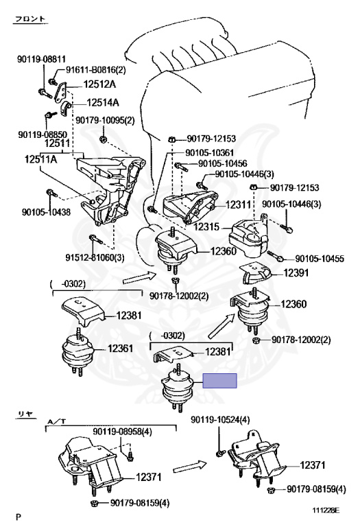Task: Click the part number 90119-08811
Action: (42, 60)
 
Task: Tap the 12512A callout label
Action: (99, 84)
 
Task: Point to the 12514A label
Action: (103, 102)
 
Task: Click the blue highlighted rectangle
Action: (219, 380)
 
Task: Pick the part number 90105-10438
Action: (47, 212)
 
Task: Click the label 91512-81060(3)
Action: (95, 258)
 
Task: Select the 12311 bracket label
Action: (238, 204)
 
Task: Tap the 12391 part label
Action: (296, 273)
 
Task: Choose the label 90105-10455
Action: (320, 259)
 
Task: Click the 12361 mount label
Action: (120, 348)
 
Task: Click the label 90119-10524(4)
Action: (220, 420)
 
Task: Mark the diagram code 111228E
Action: (326, 511)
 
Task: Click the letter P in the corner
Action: (18, 516)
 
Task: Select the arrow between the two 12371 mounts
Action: (190, 467)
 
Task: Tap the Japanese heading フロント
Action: (31, 19)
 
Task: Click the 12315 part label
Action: (206, 226)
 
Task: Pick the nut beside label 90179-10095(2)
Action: (104, 139)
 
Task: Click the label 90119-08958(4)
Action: (122, 432)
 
